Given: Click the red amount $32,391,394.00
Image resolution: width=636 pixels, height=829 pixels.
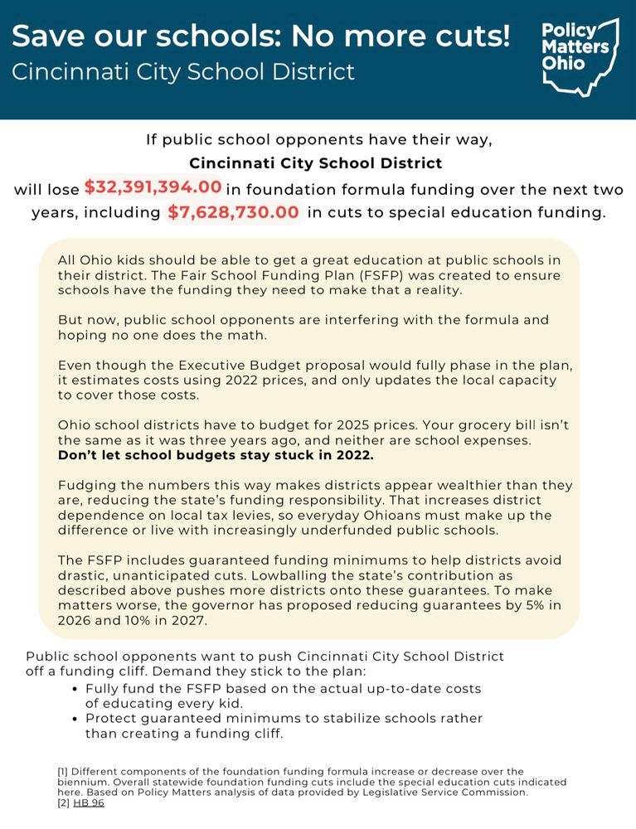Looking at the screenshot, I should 153,187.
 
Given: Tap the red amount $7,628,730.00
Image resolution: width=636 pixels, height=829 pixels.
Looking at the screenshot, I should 235,212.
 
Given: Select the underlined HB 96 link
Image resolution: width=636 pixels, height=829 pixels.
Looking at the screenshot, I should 89,803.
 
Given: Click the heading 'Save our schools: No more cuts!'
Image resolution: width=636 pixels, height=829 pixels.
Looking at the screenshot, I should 260,37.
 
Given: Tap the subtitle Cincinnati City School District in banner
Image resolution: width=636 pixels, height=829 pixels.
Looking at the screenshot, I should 183,71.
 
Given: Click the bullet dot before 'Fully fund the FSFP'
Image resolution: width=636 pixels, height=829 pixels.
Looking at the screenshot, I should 76,690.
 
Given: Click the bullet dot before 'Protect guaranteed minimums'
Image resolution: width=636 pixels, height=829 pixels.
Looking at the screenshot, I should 76,719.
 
